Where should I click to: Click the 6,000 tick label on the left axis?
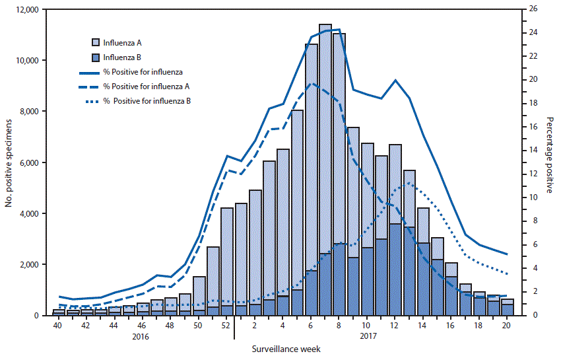tap(28, 162)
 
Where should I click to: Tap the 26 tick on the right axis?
tap(529, 10)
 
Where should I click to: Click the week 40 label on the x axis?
tap(58, 326)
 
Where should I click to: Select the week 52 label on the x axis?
tap(226, 326)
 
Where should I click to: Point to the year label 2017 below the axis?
tap(367, 336)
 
